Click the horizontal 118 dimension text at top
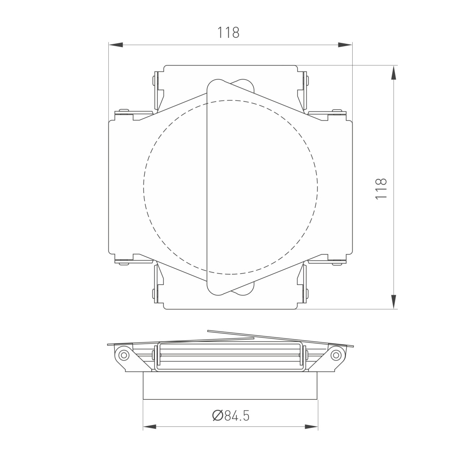(229, 33)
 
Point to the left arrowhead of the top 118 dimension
(116, 45)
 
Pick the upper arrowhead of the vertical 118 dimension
(393, 72)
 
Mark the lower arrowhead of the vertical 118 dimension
(393, 302)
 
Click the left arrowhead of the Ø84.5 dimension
(150, 427)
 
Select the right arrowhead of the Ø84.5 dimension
(311, 427)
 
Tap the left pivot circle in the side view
(124, 355)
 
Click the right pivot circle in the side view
(336, 355)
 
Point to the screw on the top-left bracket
(154, 81)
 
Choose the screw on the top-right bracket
(307, 81)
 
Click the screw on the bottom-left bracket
(154, 293)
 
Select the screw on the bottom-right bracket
(307, 293)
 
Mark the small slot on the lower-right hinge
(338, 264)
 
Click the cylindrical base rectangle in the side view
(230, 385)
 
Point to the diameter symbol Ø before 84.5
(218, 416)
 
